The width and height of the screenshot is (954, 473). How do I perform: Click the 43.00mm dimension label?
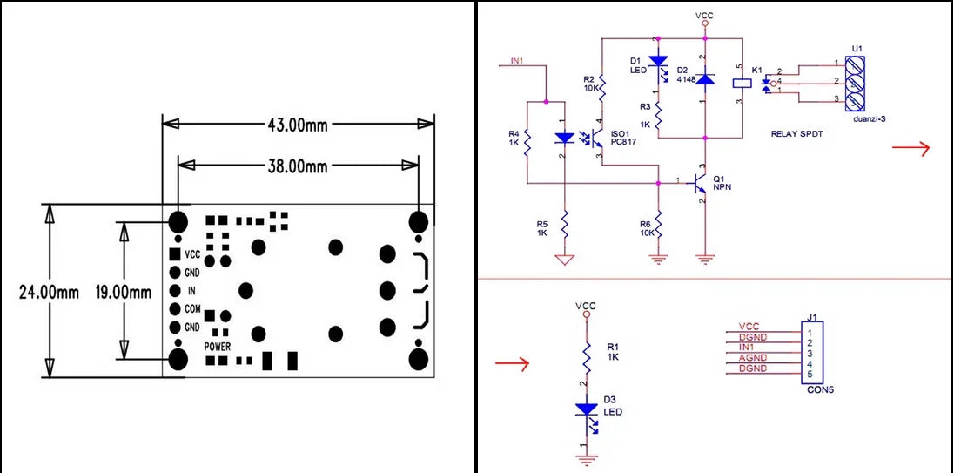click(x=298, y=125)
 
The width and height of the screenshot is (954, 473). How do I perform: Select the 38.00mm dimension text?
click(x=297, y=166)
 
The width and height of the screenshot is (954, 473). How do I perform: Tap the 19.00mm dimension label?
click(x=124, y=292)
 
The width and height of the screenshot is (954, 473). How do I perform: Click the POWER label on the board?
click(x=218, y=347)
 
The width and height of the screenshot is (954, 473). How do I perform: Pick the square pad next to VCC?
click(x=175, y=254)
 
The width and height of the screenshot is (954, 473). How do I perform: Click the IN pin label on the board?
click(x=192, y=291)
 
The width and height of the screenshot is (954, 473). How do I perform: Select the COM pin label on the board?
click(x=192, y=309)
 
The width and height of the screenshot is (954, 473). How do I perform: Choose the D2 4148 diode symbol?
click(x=704, y=79)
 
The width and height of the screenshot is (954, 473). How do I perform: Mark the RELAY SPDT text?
click(x=796, y=134)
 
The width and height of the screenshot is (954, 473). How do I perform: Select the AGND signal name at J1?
click(x=753, y=358)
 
